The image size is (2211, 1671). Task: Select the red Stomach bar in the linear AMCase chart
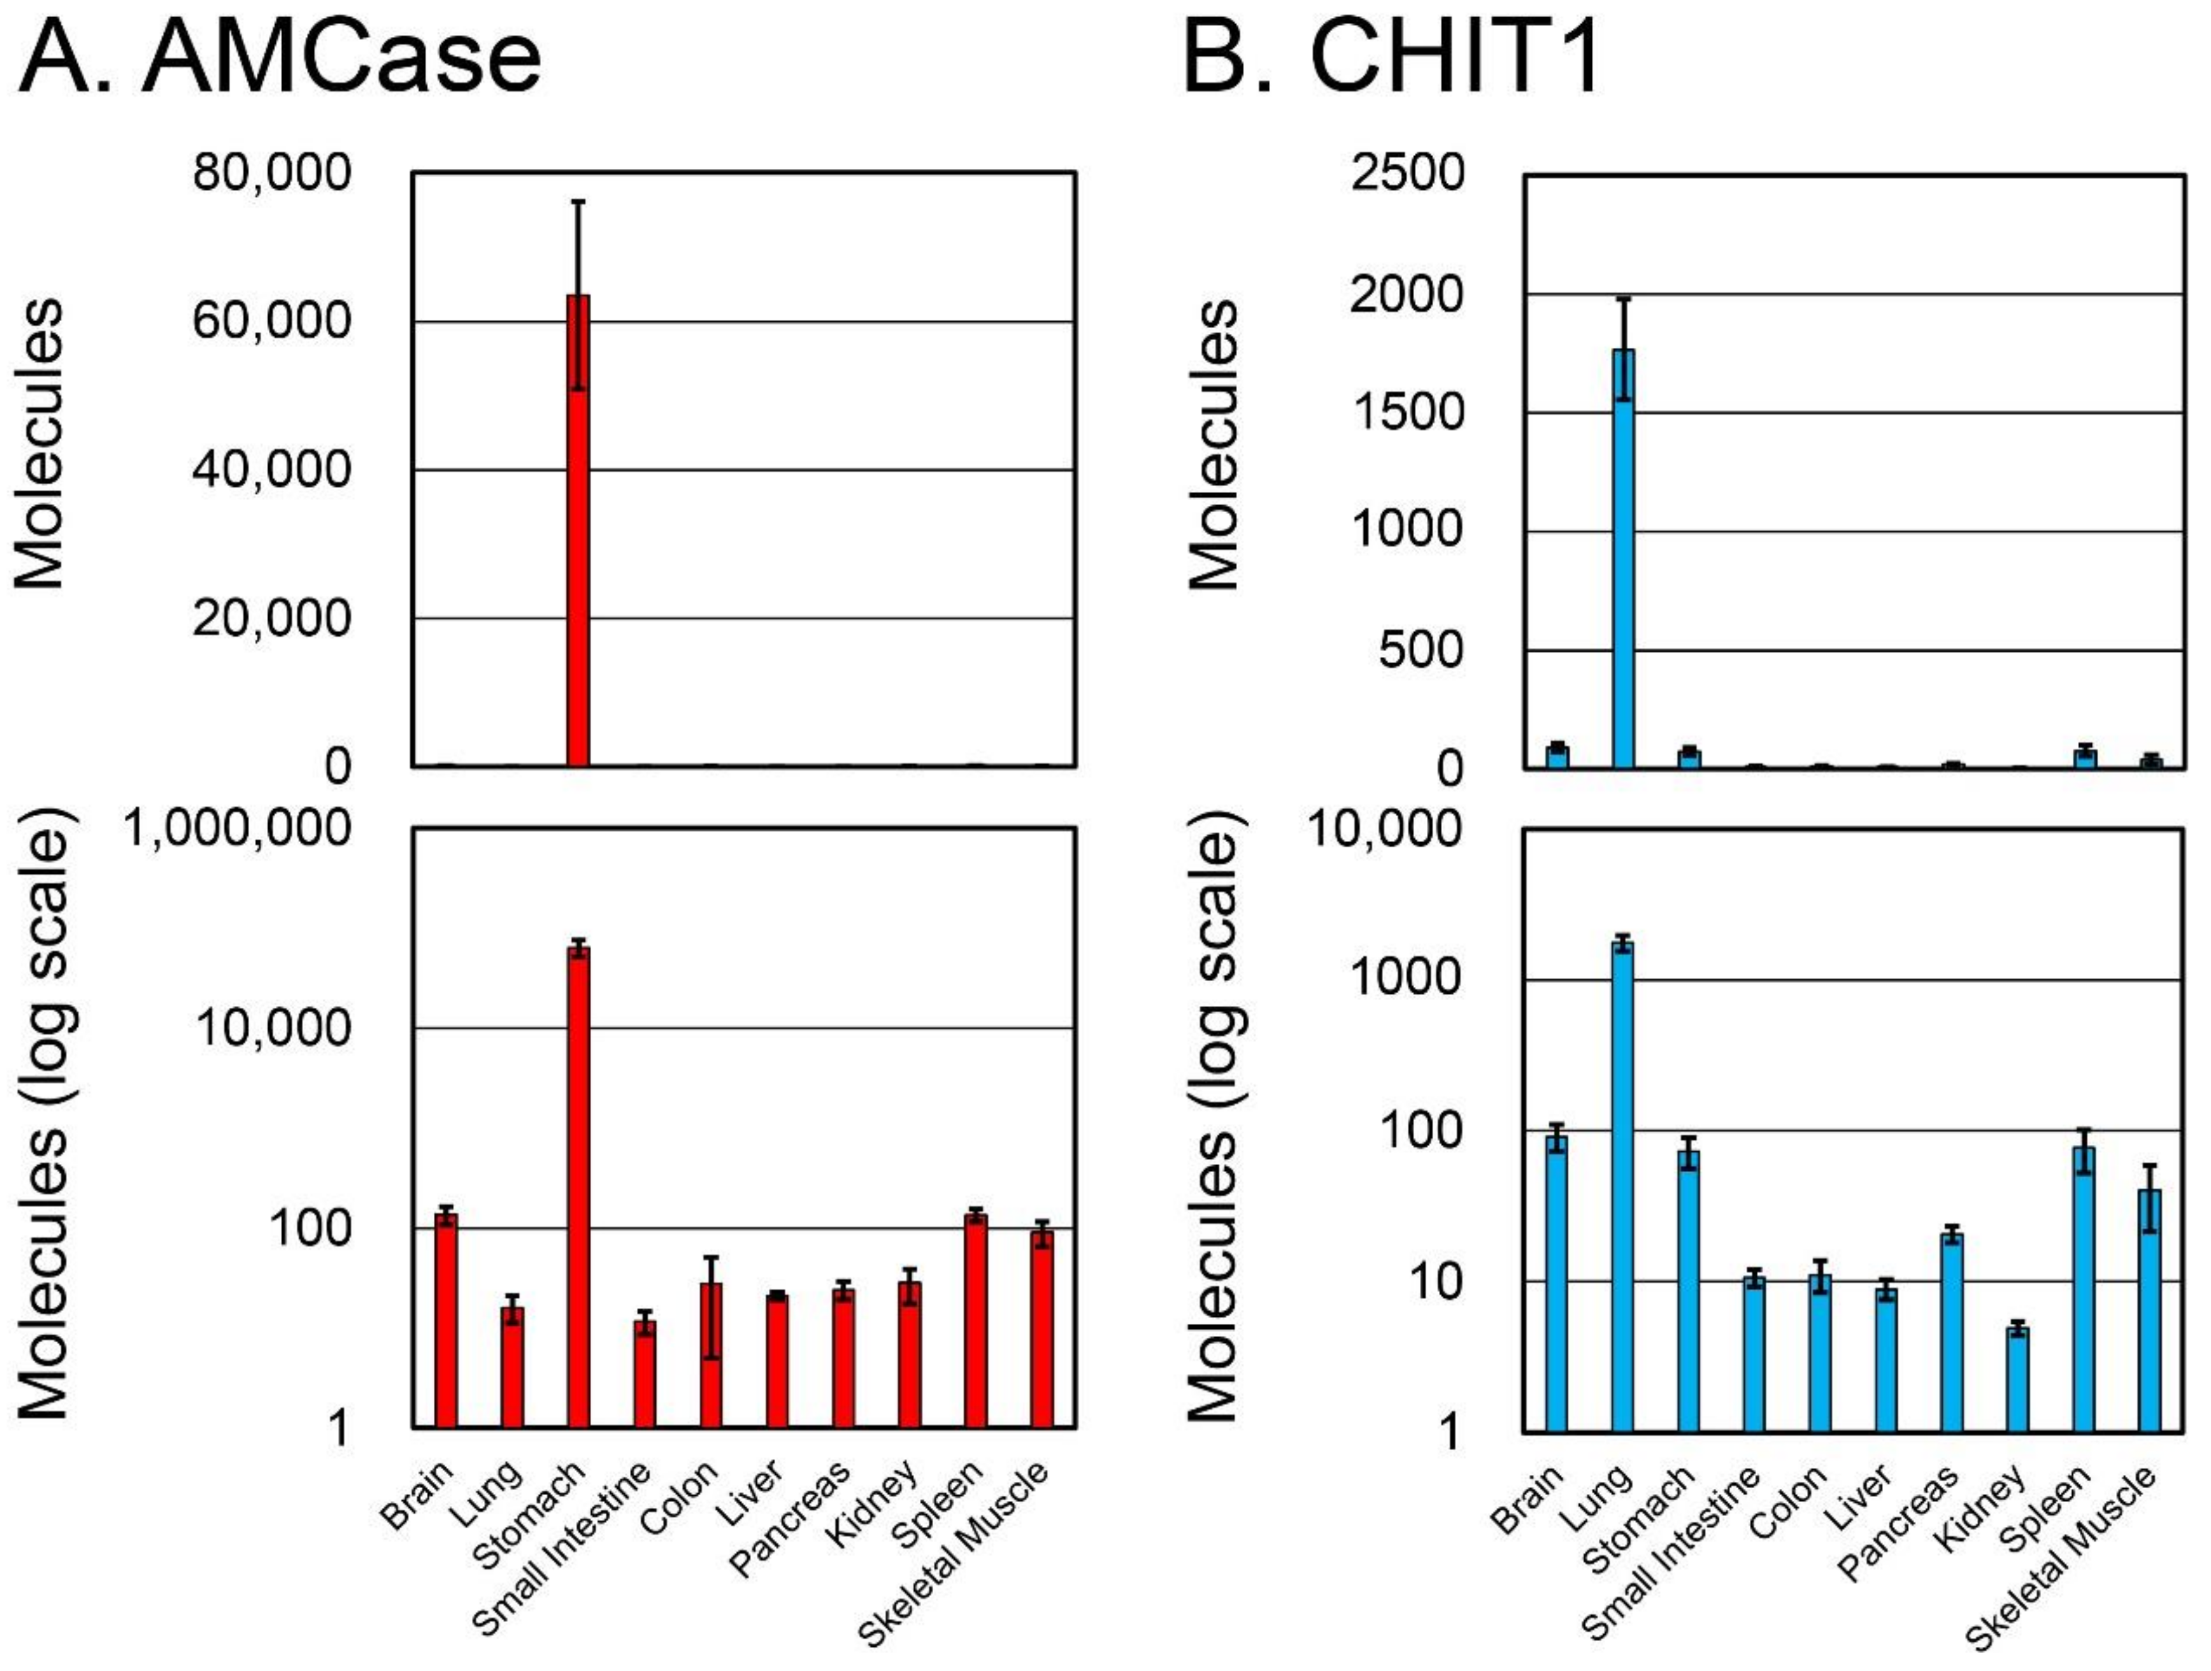point(578,529)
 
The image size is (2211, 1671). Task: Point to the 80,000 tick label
point(272,172)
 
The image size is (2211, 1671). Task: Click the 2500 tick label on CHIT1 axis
point(1407,172)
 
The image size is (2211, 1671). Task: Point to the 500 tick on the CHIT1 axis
point(1420,650)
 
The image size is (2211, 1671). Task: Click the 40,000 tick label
point(272,469)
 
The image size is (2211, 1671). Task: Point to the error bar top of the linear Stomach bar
point(578,202)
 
